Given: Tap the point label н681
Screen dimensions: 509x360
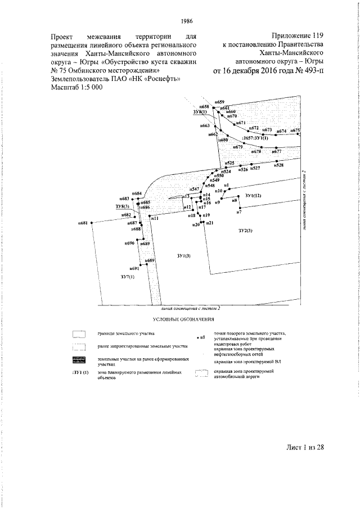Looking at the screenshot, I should tap(83, 223).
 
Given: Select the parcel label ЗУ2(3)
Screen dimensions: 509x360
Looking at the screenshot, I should tap(246, 231).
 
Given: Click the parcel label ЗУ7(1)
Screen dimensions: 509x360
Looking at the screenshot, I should tap(128, 278).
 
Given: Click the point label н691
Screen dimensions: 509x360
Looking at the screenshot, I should tap(134, 269).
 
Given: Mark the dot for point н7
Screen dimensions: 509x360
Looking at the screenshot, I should tap(238, 208).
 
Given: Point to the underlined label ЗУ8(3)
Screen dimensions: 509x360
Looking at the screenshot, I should tap(122, 207).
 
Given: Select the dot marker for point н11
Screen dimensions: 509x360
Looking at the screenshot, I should tap(151, 214).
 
